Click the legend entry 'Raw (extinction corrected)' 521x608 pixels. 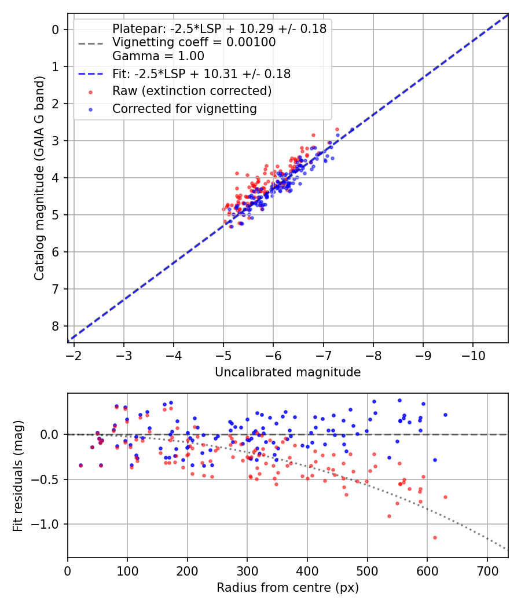click(192, 91)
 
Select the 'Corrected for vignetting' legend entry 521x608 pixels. click(185, 109)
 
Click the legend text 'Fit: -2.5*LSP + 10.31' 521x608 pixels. click(201, 74)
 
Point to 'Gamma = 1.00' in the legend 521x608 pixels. click(158, 57)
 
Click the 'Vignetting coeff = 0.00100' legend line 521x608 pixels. click(194, 43)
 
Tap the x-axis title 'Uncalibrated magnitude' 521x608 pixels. click(288, 372)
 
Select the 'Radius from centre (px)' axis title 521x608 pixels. click(288, 588)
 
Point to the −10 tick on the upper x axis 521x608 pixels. click(473, 354)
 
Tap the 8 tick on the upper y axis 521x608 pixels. click(56, 326)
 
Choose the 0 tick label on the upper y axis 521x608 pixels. click(56, 30)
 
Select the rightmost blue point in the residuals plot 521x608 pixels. click(445, 415)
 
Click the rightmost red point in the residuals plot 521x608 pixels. click(445, 497)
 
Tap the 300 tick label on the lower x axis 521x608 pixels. click(247, 570)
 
